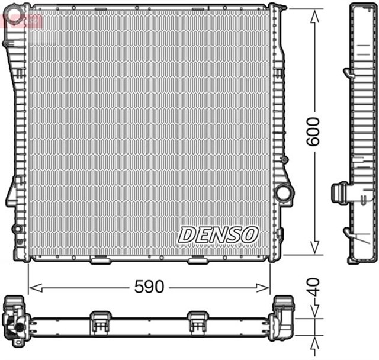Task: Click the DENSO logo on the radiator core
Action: click(x=218, y=234)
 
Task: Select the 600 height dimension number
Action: click(x=314, y=131)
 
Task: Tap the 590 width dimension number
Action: click(x=148, y=287)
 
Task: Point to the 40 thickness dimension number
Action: click(x=314, y=288)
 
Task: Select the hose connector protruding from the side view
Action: click(x=339, y=193)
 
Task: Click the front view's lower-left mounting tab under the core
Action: click(x=98, y=260)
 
